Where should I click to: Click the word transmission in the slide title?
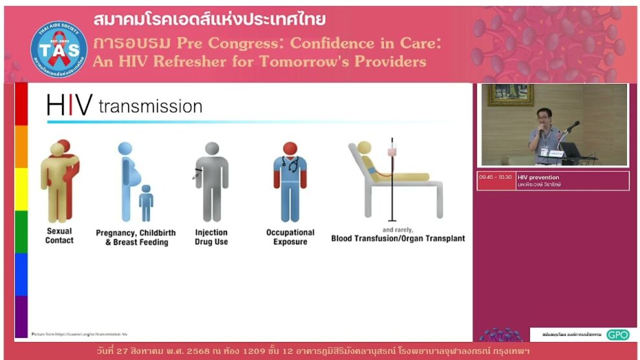tap(151, 106)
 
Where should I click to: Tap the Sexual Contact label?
tap(59, 236)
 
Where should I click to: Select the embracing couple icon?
tap(60, 180)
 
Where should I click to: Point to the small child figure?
tap(146, 203)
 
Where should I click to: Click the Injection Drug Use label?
tap(211, 237)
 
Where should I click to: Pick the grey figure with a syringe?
tap(211, 181)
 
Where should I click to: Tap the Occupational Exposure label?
tap(290, 237)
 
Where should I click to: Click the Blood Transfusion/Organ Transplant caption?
tap(398, 238)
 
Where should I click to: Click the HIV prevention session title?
tap(539, 177)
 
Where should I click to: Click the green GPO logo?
tap(617, 335)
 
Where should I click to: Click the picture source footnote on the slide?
tap(79, 334)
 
